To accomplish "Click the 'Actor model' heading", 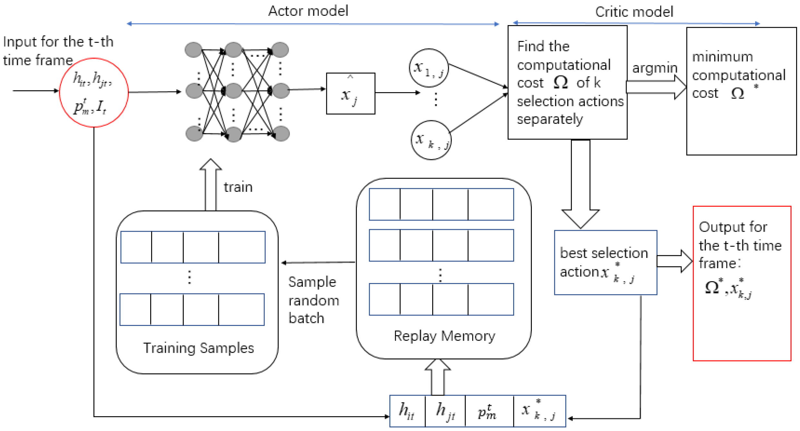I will [308, 11].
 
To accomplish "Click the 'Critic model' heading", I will [634, 12].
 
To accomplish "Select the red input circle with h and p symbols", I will [94, 93].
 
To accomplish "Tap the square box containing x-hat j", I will [350, 93].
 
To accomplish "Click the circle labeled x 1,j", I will [429, 68].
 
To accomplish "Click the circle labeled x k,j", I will [431, 140].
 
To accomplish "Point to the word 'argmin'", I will [654, 68].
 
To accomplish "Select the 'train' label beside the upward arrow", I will [238, 187].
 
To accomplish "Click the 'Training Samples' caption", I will [199, 348].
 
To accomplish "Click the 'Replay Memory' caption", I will [444, 336].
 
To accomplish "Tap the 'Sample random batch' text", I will [313, 300].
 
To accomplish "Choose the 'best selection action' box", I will [605, 263].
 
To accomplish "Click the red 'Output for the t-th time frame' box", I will [742, 284].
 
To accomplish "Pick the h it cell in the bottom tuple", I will [407, 411].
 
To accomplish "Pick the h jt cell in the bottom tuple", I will [445, 411].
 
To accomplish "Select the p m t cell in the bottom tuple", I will [489, 411].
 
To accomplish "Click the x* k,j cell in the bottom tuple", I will [539, 411].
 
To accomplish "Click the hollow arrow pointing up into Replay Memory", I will [437, 377].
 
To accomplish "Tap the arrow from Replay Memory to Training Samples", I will [318, 263].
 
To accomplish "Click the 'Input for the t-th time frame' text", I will [58, 51].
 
